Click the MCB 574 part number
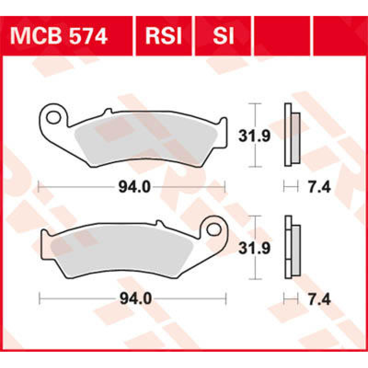point(59,36)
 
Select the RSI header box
point(163,36)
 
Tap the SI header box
point(223,36)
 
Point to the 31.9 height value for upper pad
point(254,136)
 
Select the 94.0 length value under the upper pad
point(134,187)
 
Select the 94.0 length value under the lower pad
point(135,299)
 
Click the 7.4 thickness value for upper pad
point(319,187)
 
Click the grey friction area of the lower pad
point(123,251)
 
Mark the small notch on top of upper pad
point(107,111)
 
